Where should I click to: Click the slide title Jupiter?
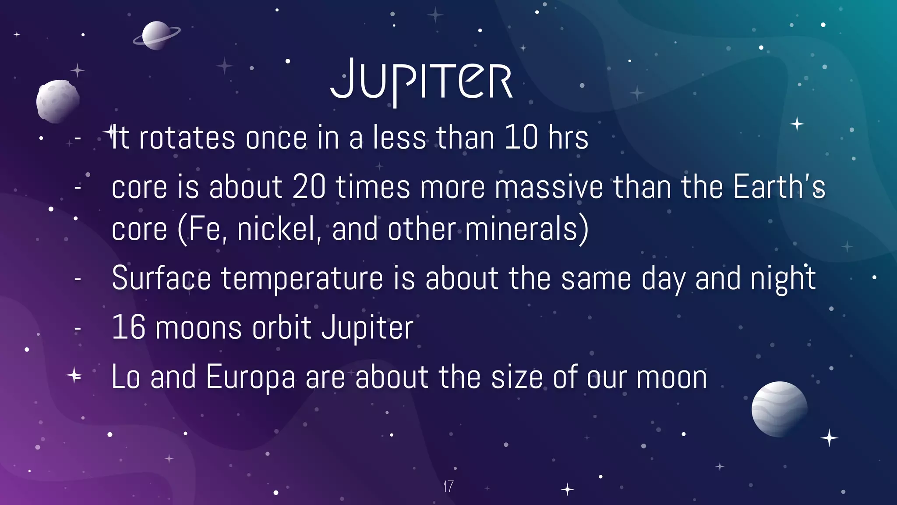pyautogui.click(x=421, y=82)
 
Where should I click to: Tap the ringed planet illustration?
pyautogui.click(x=156, y=36)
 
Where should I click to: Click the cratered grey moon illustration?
pyautogui.click(x=58, y=101)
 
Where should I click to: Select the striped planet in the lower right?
pyautogui.click(x=779, y=409)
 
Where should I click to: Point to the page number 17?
pyautogui.click(x=448, y=486)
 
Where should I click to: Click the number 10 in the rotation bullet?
pyautogui.click(x=521, y=138)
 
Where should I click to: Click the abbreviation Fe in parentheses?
pyautogui.click(x=205, y=229)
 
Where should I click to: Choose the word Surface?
pyautogui.click(x=161, y=278)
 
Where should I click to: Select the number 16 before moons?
pyautogui.click(x=128, y=327)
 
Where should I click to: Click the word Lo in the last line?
pyautogui.click(x=126, y=377)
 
